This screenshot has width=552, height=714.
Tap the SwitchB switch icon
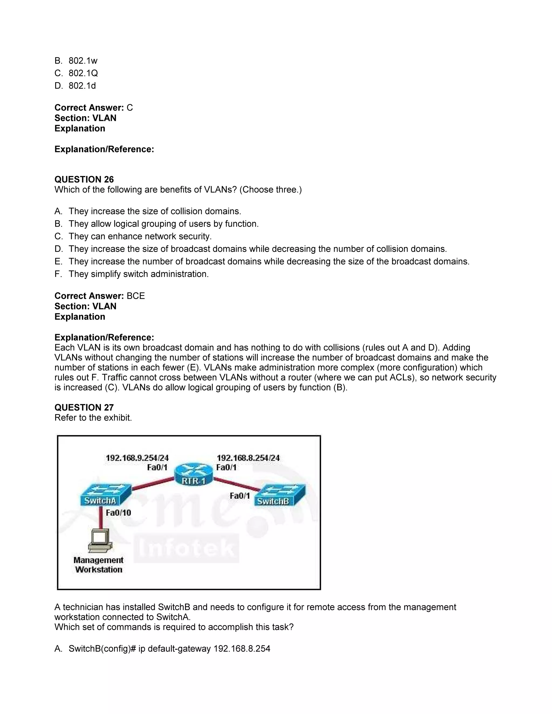click(x=280, y=495)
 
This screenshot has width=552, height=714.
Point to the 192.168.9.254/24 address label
click(x=137, y=458)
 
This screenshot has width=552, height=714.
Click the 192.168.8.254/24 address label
click(x=248, y=458)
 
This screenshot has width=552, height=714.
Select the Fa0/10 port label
click(x=118, y=513)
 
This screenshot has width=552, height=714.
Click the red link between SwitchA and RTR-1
click(x=152, y=483)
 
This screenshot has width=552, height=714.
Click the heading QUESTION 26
click(x=84, y=179)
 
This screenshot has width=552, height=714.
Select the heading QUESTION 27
click(x=84, y=407)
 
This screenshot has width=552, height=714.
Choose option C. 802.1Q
click(x=76, y=73)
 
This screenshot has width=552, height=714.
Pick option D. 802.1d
click(x=75, y=86)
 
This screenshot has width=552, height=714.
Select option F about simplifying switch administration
click(x=132, y=274)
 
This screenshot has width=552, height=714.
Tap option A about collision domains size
click(x=148, y=211)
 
